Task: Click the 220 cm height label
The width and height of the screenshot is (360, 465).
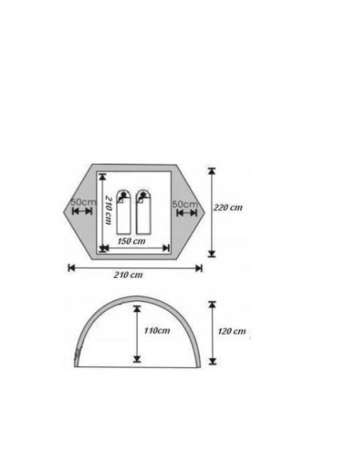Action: [x=228, y=207]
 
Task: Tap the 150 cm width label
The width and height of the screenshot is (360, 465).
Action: [x=131, y=241]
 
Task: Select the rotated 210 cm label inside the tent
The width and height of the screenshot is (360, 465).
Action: [x=109, y=209]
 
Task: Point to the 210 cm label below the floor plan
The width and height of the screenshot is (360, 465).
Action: [x=128, y=275]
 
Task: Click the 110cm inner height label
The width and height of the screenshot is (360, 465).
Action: [x=157, y=330]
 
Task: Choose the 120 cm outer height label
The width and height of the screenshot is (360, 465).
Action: [x=232, y=331]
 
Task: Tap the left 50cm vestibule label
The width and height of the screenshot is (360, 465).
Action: [x=84, y=202]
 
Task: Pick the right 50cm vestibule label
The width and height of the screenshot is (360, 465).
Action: [x=185, y=204]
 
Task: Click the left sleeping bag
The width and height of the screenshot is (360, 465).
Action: [x=123, y=212]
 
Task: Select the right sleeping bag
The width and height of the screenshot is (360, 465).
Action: [x=143, y=212]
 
